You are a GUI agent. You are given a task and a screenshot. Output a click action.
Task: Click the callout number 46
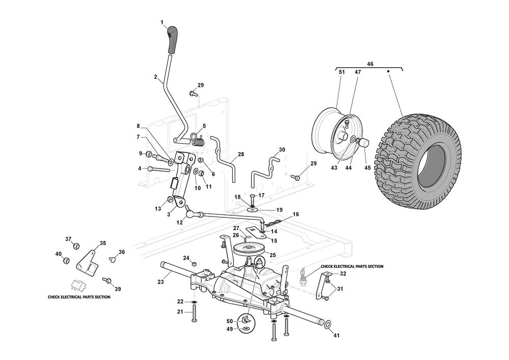click(x=370, y=65)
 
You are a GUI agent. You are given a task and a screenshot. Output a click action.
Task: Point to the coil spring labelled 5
click(x=199, y=139)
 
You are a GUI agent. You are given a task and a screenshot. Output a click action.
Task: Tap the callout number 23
click(x=160, y=282)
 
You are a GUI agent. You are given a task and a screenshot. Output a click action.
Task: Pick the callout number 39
click(x=118, y=289)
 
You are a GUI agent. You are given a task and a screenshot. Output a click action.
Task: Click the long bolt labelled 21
click(x=194, y=316)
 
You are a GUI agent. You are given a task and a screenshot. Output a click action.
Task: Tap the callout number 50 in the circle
click(x=229, y=321)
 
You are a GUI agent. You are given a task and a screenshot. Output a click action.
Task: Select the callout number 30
click(x=282, y=150)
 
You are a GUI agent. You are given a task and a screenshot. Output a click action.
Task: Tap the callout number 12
click(x=179, y=223)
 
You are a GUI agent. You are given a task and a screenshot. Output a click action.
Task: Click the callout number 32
click(x=343, y=273)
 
